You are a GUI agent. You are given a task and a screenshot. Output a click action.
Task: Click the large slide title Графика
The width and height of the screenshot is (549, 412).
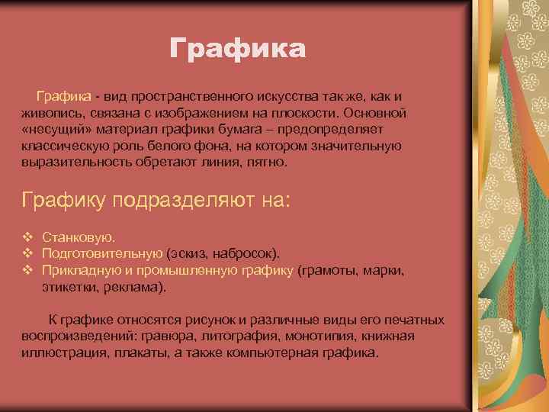237,48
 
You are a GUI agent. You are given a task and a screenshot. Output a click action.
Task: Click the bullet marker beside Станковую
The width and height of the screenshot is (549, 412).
27,238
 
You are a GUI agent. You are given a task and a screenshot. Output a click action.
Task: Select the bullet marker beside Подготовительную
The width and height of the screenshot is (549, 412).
27,254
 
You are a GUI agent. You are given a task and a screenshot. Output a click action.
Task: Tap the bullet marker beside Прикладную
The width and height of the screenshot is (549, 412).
27,270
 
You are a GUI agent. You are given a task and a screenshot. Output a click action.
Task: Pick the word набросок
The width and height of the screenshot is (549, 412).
249,254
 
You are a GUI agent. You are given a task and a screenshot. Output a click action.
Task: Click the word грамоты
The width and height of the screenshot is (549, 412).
331,270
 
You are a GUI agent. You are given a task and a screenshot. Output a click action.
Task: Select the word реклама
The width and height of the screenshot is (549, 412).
133,287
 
